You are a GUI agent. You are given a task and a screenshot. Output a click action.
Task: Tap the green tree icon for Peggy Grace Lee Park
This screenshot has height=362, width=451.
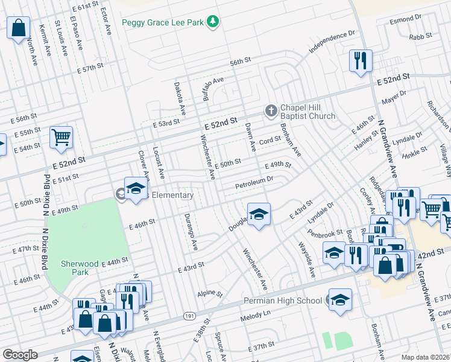pos(212,22)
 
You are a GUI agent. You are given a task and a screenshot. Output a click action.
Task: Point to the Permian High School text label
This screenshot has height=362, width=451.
pos(283,300)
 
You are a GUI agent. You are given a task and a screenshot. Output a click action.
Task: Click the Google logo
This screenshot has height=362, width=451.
pos(19,355)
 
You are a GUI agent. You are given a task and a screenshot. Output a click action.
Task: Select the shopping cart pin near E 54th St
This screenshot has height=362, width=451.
pos(61,138)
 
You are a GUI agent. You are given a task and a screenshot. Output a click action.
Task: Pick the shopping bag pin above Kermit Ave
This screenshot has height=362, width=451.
pos(19,27)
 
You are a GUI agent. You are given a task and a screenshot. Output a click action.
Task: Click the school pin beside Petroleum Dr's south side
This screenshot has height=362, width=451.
pos(259,215)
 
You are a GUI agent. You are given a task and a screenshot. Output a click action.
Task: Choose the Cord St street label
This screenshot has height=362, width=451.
pos(270,139)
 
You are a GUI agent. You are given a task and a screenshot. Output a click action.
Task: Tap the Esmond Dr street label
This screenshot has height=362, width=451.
pos(404,21)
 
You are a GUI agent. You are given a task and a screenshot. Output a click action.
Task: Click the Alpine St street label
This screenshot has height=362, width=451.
pos(210,294)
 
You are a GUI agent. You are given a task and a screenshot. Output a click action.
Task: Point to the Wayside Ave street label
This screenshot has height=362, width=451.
pos(306,259)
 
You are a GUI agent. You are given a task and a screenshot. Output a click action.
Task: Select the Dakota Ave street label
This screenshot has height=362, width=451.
pos(178,98)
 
